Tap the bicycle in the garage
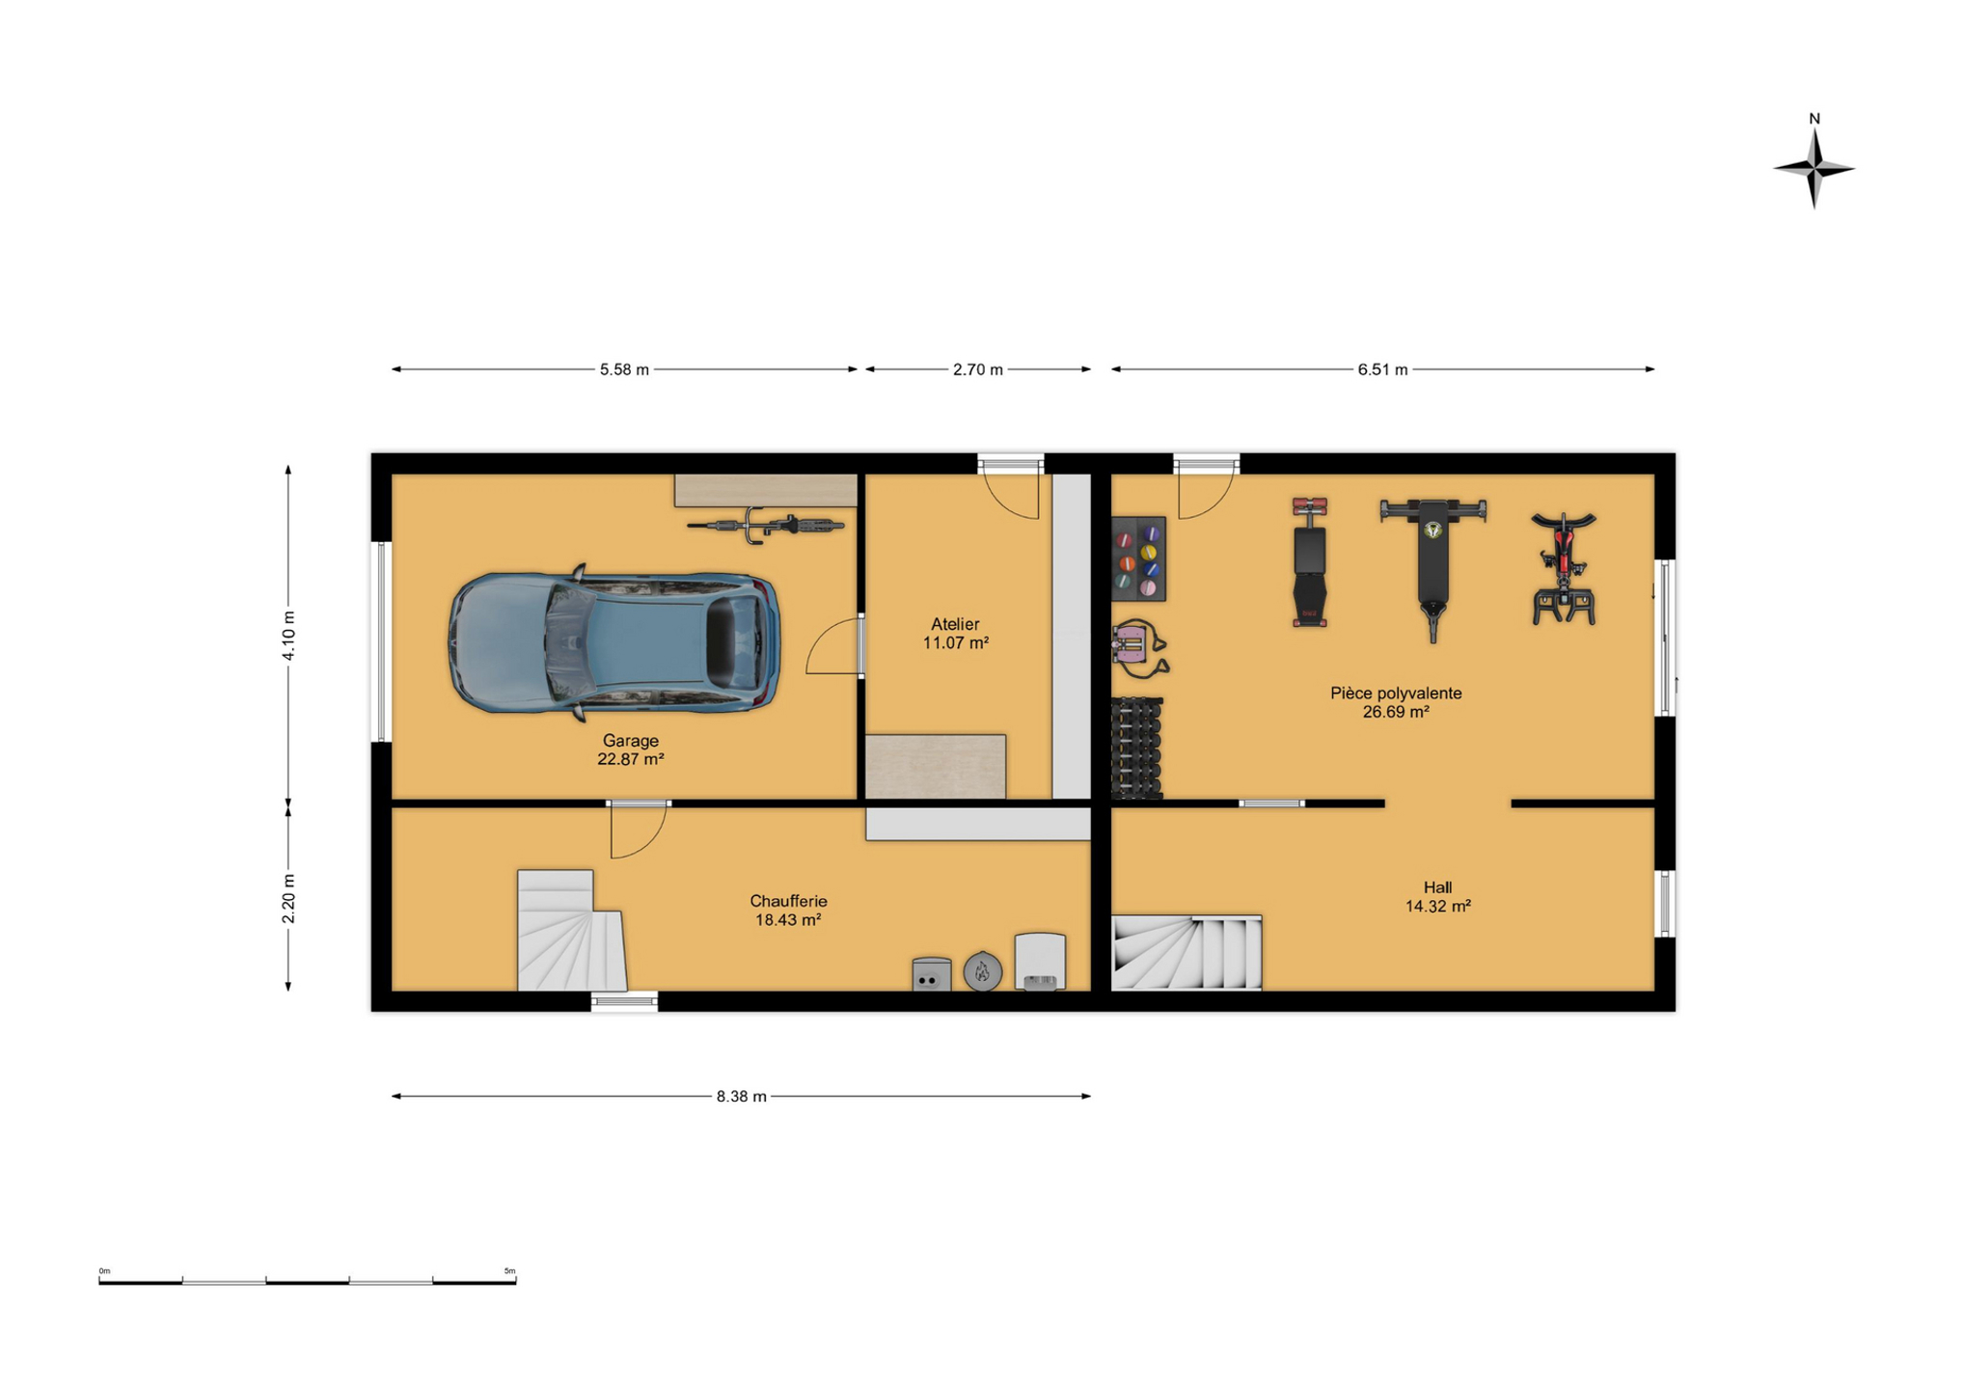click(765, 526)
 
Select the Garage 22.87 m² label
click(630, 749)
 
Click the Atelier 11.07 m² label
click(955, 634)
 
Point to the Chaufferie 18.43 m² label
click(788, 911)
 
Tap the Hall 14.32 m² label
click(1437, 897)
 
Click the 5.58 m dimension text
click(624, 369)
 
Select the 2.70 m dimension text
click(977, 369)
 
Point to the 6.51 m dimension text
click(1382, 369)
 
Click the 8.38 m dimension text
click(741, 1097)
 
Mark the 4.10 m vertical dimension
click(288, 636)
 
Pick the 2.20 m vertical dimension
click(288, 898)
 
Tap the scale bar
click(307, 1278)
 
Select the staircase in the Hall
click(1186, 953)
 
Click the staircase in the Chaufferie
click(570, 931)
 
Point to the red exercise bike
click(1563, 568)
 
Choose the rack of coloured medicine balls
click(1138, 559)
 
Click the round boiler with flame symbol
click(982, 971)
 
